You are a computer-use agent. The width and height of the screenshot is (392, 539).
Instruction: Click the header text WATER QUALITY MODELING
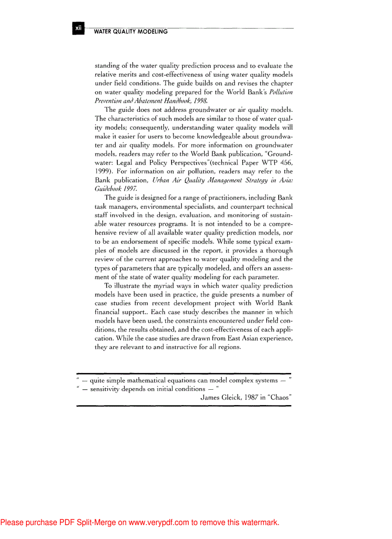tap(131, 32)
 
